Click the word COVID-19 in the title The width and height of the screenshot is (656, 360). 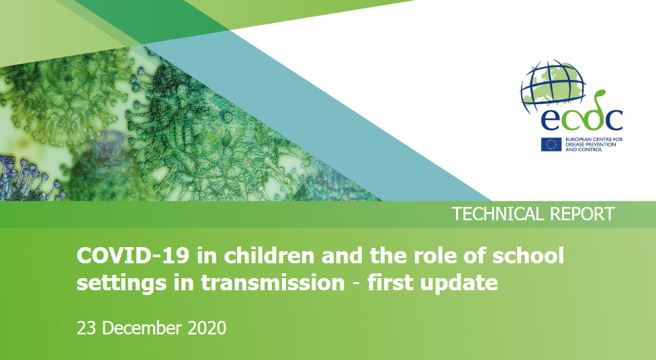click(x=133, y=256)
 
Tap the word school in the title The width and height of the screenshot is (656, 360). click(x=528, y=256)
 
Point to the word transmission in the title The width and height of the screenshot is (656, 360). click(x=273, y=283)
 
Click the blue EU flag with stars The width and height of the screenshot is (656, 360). click(x=551, y=144)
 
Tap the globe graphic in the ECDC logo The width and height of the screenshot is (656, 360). click(x=552, y=86)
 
